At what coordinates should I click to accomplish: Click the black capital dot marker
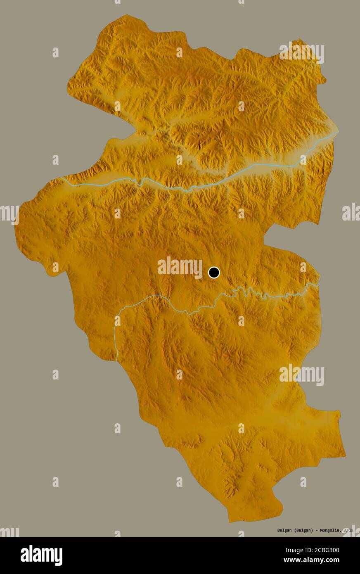214,273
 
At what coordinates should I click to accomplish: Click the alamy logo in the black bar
41,555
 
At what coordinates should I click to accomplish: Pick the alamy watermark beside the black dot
180,267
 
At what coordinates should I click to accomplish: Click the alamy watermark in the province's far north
301,52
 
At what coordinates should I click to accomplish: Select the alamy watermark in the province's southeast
301,375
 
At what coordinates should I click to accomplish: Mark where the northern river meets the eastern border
338,132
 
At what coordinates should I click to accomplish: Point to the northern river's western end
62,178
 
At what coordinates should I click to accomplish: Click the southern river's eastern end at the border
319,278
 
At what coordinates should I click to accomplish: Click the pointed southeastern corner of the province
345,456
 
